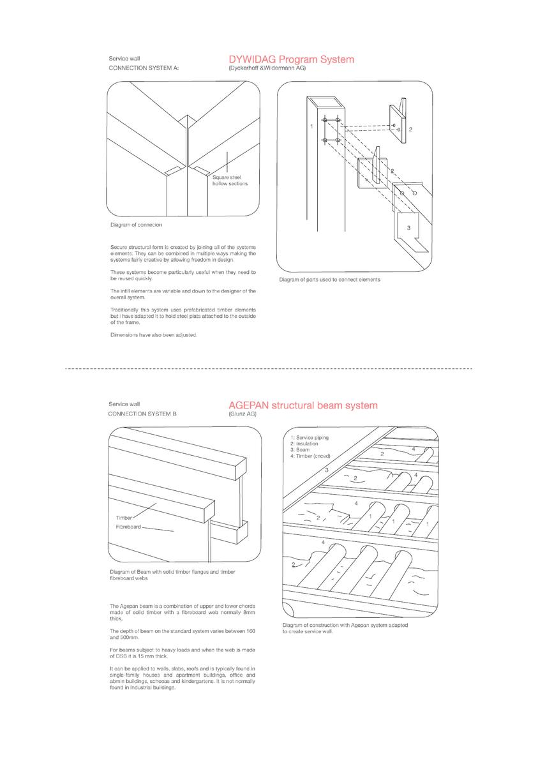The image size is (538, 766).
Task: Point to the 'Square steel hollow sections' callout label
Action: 230,180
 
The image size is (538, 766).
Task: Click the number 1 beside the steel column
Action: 311,126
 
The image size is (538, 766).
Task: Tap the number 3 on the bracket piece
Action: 408,227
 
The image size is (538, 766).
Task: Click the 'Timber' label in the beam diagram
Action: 123,518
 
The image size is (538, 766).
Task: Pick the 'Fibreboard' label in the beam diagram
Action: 128,527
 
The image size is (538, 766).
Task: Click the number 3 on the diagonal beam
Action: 326,470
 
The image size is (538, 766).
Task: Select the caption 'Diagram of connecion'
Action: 136,225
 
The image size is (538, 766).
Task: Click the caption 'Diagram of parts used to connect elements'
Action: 329,280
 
